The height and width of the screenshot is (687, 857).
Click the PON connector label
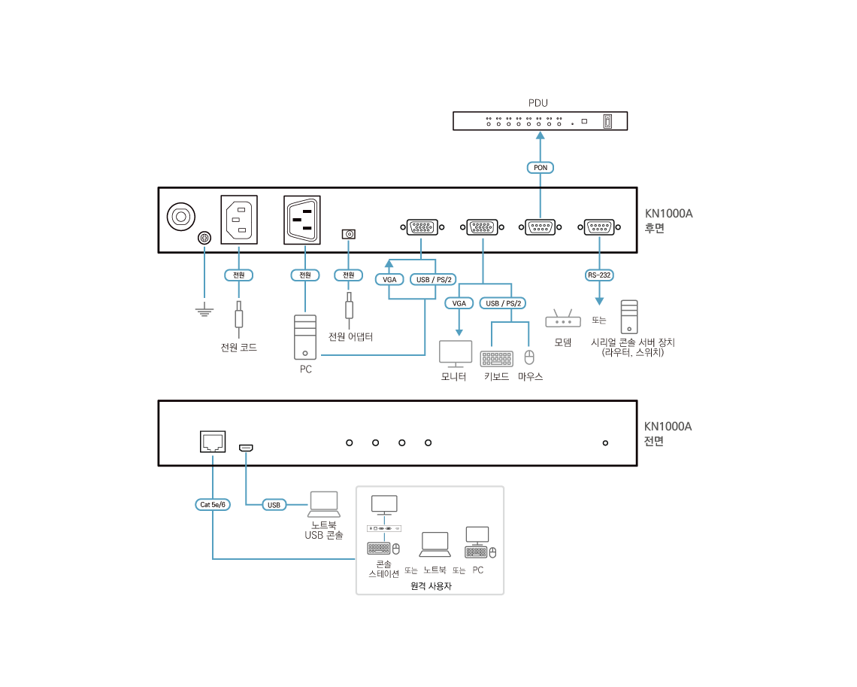(540, 167)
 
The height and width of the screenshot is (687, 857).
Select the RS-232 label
(599, 275)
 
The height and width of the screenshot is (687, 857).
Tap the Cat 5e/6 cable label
(212, 505)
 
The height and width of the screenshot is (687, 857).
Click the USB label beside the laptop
(274, 505)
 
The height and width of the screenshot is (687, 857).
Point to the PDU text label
(538, 102)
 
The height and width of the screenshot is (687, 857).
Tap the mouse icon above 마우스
(528, 357)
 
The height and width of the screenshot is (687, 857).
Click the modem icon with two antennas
(562, 319)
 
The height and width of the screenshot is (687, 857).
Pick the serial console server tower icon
(629, 317)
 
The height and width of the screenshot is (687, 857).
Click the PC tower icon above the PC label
(305, 336)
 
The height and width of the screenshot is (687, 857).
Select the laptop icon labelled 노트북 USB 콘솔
(324, 504)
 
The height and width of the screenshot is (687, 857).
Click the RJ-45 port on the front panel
(213, 442)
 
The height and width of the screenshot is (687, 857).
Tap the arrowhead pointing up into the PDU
(540, 135)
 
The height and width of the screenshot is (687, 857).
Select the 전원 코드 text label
(239, 348)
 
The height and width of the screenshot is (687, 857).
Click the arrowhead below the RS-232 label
(599, 301)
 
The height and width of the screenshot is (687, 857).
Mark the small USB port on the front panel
(246, 448)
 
